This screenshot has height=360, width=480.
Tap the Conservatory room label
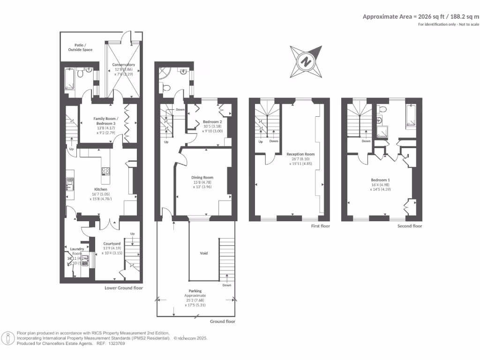124,65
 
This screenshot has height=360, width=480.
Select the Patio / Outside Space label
83,47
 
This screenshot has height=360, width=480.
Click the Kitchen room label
101,189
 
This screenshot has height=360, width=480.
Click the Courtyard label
112,244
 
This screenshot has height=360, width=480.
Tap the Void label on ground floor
204,253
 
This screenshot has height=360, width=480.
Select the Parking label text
195,291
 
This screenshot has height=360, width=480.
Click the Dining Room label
202,178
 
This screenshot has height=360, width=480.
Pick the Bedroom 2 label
212,121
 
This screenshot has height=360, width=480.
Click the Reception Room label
300,154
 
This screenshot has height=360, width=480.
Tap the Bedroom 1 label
380,180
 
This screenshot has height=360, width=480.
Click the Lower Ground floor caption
124,288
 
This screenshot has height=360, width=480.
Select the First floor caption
320,226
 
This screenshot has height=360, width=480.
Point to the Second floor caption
410,226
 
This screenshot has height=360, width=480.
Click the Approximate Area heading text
421,16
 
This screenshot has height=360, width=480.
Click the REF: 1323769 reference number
111,343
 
